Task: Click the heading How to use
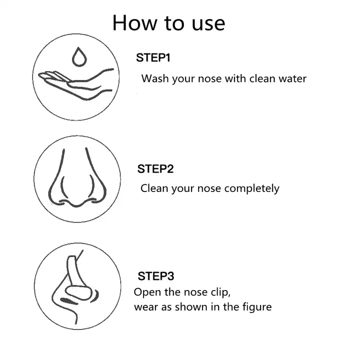pyautogui.click(x=169, y=23)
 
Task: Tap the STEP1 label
pyautogui.click(x=153, y=57)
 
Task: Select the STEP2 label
pyautogui.click(x=155, y=169)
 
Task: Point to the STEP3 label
pyautogui.click(x=156, y=276)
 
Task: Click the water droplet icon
pyautogui.click(x=79, y=57)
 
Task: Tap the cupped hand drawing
pyautogui.click(x=76, y=84)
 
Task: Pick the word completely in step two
pyautogui.click(x=252, y=188)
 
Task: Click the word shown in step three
pyautogui.click(x=191, y=307)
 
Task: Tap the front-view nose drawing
pyautogui.click(x=77, y=177)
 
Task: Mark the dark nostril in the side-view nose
pyautogui.click(x=69, y=301)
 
